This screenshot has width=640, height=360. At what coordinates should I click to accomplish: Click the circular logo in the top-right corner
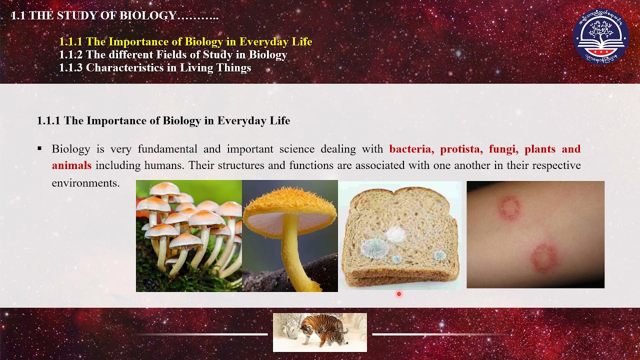click(600, 37)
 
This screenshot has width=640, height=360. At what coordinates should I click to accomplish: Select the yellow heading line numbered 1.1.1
click(185, 42)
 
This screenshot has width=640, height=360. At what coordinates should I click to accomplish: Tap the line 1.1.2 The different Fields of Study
click(173, 55)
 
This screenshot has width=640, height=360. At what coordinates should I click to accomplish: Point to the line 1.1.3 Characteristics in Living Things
click(155, 68)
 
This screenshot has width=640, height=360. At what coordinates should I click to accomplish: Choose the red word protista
click(461, 149)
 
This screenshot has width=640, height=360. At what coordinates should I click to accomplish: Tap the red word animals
click(71, 165)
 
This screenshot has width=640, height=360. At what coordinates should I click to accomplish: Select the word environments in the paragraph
click(85, 183)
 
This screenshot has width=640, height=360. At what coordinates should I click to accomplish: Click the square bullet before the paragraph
click(39, 149)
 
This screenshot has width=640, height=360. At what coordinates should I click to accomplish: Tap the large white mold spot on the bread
click(395, 234)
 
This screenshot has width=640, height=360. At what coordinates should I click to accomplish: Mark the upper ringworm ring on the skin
click(509, 207)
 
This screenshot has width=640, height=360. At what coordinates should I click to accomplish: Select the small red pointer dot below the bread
click(399, 294)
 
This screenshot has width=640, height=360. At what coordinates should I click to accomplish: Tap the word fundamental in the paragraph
click(167, 149)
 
